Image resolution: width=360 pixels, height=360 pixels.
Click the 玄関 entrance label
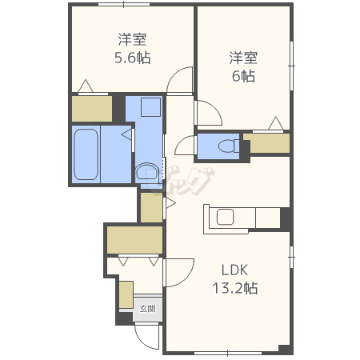click(x=147, y=309)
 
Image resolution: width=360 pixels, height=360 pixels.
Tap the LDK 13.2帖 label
click(x=235, y=279)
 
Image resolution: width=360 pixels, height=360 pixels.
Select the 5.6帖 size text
click(x=133, y=58)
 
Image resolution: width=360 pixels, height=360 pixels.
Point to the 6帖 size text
click(x=243, y=76)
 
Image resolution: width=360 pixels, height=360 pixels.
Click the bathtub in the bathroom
click(x=86, y=154)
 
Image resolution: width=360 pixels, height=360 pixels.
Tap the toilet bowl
click(x=229, y=146)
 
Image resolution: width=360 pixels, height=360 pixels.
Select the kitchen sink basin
click(x=226, y=217)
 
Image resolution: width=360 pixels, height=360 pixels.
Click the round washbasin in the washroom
click(x=147, y=172)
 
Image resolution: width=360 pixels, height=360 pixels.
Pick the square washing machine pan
click(x=150, y=107)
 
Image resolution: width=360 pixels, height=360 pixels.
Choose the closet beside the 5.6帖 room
click(x=92, y=109)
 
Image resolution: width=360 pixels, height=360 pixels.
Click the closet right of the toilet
click(x=266, y=143)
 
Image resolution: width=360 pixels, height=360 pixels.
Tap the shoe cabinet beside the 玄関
click(x=126, y=294)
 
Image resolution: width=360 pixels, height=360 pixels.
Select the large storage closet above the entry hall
click(x=135, y=240)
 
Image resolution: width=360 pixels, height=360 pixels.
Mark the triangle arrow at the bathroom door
click(x=126, y=134)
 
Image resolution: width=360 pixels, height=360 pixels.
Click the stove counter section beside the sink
click(x=268, y=218)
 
